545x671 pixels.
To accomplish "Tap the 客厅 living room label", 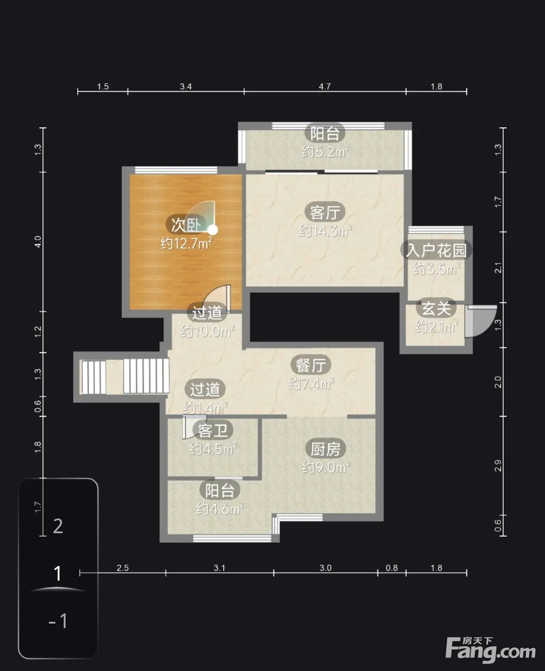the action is click(x=324, y=212).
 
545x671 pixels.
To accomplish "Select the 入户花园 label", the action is click(x=436, y=250).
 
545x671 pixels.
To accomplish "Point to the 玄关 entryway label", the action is click(x=436, y=308).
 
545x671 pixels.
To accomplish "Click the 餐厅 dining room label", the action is click(x=310, y=365).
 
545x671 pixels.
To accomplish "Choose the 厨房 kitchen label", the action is click(x=325, y=449).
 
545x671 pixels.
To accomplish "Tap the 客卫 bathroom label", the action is click(x=213, y=430).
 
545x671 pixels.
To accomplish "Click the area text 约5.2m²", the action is click(x=325, y=151).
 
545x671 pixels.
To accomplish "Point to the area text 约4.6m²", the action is click(x=220, y=508).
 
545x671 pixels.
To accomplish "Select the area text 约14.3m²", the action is click(x=325, y=231).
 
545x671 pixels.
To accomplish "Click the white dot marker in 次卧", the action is click(x=213, y=230).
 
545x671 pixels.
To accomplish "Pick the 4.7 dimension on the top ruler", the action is click(x=324, y=86).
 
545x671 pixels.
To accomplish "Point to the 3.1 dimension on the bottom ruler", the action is click(x=220, y=568).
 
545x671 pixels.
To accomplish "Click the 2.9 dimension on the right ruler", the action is click(x=498, y=466).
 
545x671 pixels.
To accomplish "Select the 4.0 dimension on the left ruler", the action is click(x=38, y=242).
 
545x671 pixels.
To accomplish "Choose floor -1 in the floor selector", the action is click(x=58, y=621).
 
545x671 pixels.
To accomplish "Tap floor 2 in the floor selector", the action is click(x=58, y=526).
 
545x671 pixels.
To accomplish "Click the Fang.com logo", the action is click(x=490, y=650).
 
